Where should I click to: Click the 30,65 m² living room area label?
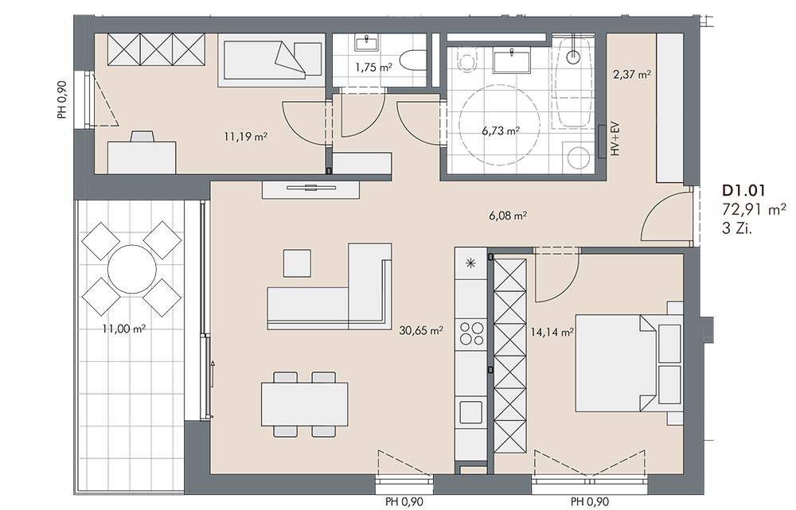pos(421,331)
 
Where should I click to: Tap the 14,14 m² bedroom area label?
pos(552,333)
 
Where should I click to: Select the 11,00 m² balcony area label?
pos(124,329)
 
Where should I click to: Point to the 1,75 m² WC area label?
pos(373,67)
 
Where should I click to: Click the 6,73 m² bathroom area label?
pos(500,131)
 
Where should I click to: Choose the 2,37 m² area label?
pos(632,75)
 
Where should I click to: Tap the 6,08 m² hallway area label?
pos(508,216)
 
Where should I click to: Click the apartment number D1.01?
pos(743,191)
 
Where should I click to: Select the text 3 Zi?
pos(736,229)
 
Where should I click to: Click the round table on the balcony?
pos(132,269)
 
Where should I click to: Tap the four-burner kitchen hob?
pos(471,333)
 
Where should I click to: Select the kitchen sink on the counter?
pos(471,411)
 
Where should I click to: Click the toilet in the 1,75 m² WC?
pos(412,61)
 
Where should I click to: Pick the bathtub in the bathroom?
pos(573,84)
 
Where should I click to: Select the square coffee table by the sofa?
pos(297,263)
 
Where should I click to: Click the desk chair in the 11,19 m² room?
pos(142,137)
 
